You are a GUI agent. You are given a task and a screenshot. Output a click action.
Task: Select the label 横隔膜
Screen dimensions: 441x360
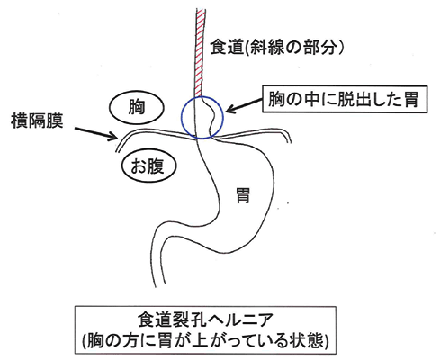pos(37,121)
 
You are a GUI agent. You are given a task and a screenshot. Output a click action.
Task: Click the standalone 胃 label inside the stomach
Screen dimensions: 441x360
pos(243,195)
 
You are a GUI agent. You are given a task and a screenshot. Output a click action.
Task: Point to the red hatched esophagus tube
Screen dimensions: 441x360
pos(199,52)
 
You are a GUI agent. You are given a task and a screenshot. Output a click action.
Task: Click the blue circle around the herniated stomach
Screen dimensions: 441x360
pos(181,117)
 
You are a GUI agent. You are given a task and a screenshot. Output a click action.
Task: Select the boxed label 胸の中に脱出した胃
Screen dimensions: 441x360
pos(345,99)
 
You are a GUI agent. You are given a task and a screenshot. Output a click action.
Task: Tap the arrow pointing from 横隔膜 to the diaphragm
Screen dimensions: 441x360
pos(96,134)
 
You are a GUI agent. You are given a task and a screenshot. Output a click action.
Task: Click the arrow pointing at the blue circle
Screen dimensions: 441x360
pos(244,106)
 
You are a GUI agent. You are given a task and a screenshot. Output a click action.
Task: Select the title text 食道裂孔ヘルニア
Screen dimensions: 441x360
pos(205,319)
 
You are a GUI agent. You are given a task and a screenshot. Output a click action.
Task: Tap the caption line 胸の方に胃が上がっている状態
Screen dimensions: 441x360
pos(205,340)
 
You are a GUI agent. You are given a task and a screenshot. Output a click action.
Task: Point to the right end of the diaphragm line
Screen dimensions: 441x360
pos(290,141)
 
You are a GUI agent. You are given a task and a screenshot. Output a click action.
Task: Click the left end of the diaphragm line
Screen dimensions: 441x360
pos(116,151)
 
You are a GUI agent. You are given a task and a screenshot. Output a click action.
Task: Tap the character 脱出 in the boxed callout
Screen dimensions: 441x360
pos(355,99)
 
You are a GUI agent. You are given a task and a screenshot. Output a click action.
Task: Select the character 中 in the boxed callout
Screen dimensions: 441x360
pos(311,99)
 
